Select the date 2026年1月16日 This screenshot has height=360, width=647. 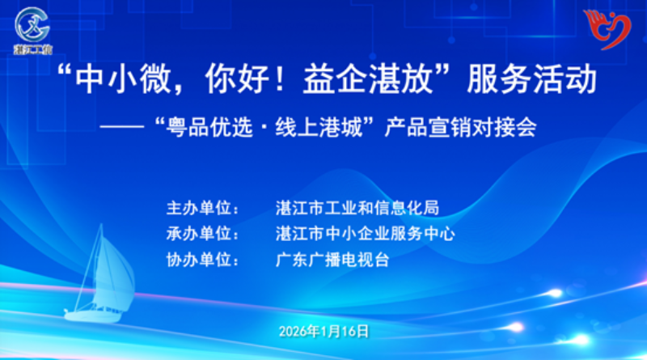coord(323,331)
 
